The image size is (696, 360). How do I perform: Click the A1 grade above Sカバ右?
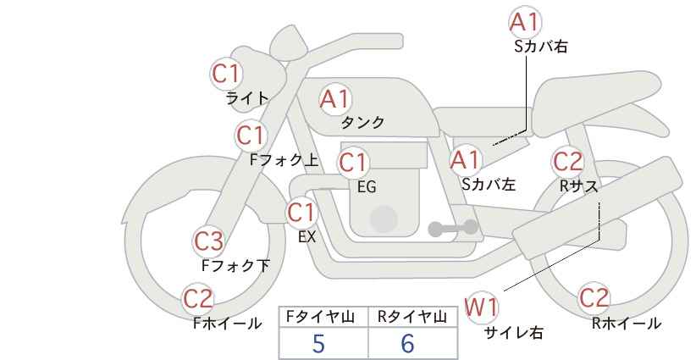[x=525, y=22]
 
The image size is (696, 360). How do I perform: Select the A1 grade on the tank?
[x=334, y=99]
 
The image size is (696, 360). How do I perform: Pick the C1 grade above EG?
[x=353, y=162]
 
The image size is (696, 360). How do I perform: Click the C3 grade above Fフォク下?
[x=208, y=241]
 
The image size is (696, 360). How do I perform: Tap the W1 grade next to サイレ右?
[x=483, y=307]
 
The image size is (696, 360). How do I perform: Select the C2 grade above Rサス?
[x=567, y=160]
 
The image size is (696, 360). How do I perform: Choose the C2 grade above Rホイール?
[x=594, y=298]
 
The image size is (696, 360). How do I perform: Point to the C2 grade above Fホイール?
[x=199, y=298]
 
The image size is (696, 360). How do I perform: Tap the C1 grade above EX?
[x=301, y=212]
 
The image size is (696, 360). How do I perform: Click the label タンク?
[x=362, y=123]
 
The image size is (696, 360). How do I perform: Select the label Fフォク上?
[x=284, y=158]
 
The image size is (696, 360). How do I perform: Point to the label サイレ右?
[x=513, y=333]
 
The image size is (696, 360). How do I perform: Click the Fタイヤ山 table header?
[x=323, y=317]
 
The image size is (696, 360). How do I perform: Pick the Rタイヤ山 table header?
[x=412, y=317]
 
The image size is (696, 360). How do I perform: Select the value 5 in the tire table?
[x=319, y=343]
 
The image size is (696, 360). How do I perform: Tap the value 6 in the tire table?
[x=408, y=343]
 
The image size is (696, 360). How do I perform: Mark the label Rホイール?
[x=626, y=323]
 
